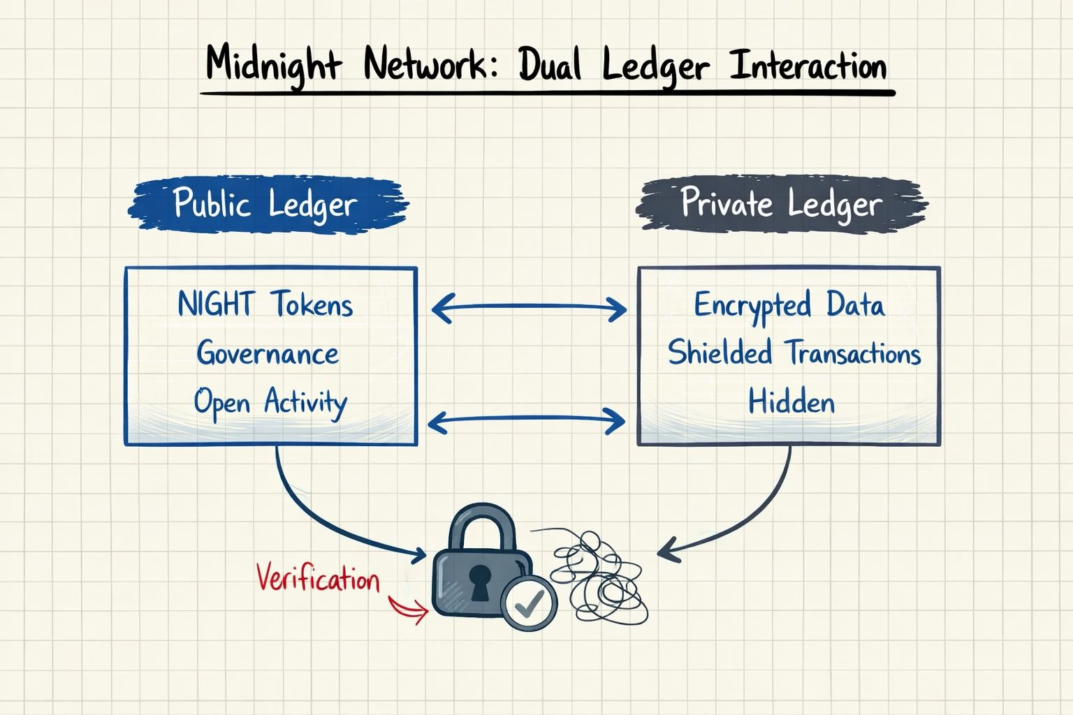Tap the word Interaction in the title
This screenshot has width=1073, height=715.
[x=808, y=66]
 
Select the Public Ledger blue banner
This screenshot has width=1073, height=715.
[x=266, y=204]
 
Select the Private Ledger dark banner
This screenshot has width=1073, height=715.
[x=781, y=204]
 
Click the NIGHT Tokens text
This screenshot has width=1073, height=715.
[x=265, y=305]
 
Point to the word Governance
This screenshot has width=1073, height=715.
[x=268, y=353]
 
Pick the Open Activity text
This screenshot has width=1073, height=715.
[x=270, y=403]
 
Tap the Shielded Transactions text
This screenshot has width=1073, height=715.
[x=794, y=353]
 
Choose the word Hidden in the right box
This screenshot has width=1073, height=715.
[x=791, y=403]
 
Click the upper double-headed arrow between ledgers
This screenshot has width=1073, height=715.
[x=529, y=307]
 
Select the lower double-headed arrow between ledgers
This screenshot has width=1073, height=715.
[x=526, y=421]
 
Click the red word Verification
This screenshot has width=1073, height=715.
[x=318, y=579]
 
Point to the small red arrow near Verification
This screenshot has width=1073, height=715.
[x=409, y=609]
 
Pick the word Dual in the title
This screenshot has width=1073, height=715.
[x=550, y=66]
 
